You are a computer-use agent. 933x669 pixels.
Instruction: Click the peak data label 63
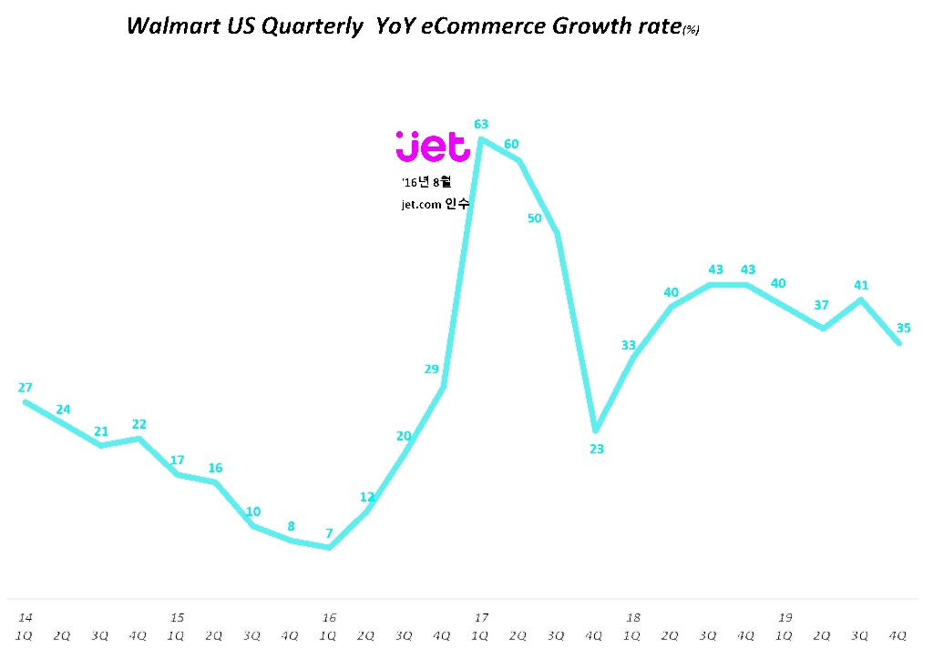point(482,124)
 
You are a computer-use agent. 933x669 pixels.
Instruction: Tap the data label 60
point(512,144)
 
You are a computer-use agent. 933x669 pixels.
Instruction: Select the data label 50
point(535,218)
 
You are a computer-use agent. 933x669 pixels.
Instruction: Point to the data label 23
point(597,449)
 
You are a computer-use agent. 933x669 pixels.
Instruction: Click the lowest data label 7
point(329,534)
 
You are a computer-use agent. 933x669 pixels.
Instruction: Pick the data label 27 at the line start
point(25,388)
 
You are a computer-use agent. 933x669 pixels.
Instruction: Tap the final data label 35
point(904,329)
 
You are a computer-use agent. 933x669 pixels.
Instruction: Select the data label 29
point(432,369)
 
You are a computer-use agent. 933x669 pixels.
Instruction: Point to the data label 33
point(629,345)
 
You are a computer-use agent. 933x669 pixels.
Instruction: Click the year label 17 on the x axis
point(481,618)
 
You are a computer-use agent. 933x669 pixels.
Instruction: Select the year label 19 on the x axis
point(784,618)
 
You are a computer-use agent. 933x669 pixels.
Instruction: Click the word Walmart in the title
point(167,26)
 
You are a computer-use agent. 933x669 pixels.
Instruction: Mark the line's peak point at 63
point(481,139)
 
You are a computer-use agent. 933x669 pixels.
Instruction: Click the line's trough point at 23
point(595,430)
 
